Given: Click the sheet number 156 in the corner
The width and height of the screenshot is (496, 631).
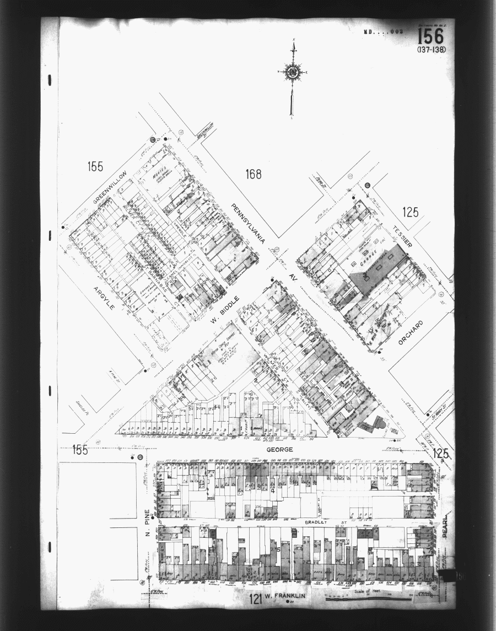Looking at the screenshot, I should click(430, 37).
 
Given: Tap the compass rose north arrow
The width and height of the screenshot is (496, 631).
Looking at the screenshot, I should click(292, 72).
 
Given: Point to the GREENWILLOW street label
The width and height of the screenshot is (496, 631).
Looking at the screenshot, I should click(110, 187).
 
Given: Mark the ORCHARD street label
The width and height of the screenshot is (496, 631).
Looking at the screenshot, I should click(410, 332).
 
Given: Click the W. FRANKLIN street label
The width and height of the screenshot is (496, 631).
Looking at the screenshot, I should click(285, 596).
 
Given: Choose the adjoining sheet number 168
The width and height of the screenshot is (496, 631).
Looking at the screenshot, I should click(254, 175).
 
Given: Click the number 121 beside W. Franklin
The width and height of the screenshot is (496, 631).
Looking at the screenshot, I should click(253, 596).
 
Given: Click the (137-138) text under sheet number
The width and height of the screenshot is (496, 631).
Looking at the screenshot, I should click(432, 50).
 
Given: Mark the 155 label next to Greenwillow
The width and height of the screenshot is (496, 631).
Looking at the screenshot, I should click(95, 166).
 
